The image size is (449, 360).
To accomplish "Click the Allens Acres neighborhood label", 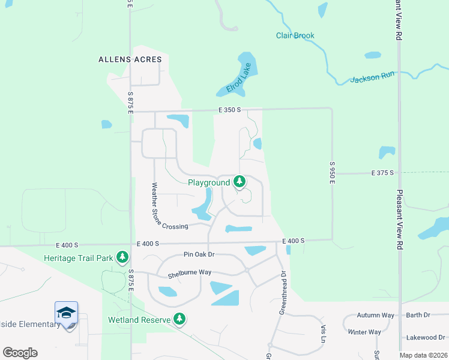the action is [x=131, y=59].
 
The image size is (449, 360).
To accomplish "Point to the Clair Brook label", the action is [x=295, y=35].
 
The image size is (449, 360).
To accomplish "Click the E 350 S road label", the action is [x=229, y=110].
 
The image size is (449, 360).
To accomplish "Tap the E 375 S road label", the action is [x=382, y=173].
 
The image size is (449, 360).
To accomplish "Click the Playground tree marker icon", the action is [x=240, y=181].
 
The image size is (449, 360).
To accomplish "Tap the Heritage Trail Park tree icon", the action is [x=122, y=257].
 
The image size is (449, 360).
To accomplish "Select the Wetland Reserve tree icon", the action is [x=179, y=319].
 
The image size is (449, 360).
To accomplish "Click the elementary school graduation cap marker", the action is [x=66, y=313].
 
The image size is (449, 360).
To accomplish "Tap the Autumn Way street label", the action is [x=375, y=315].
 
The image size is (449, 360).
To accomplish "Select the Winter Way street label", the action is [x=364, y=332].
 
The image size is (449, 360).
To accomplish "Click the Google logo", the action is [x=20, y=352].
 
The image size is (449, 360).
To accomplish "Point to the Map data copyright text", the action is [x=423, y=355].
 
